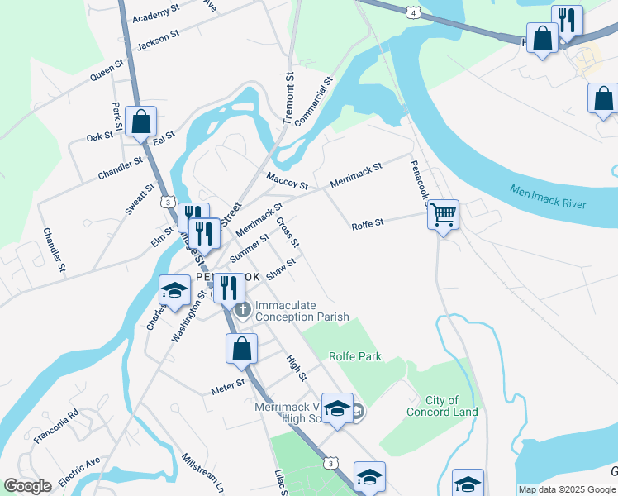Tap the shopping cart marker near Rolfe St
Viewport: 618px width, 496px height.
coord(444,215)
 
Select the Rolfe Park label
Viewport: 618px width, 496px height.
coord(355,356)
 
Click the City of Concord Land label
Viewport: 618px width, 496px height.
coord(441,406)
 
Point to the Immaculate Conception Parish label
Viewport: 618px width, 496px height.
coord(302,311)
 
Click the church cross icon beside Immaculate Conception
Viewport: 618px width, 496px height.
coord(242,311)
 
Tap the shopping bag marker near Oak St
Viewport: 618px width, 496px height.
coord(141,122)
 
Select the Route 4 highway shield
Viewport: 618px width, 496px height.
coord(412,12)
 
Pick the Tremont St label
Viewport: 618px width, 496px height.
coord(288,98)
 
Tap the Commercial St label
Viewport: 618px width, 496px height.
coord(313,101)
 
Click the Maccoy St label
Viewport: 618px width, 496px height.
coord(287,179)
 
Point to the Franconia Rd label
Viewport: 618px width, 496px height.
coord(55,426)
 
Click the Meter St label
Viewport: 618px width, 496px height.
coord(228,384)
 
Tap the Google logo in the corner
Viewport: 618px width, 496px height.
coord(27,485)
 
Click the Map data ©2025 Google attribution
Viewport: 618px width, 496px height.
coord(567,489)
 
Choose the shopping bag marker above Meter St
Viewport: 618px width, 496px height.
coord(240,348)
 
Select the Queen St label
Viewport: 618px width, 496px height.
coord(107,69)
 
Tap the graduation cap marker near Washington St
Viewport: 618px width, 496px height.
coord(174,289)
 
